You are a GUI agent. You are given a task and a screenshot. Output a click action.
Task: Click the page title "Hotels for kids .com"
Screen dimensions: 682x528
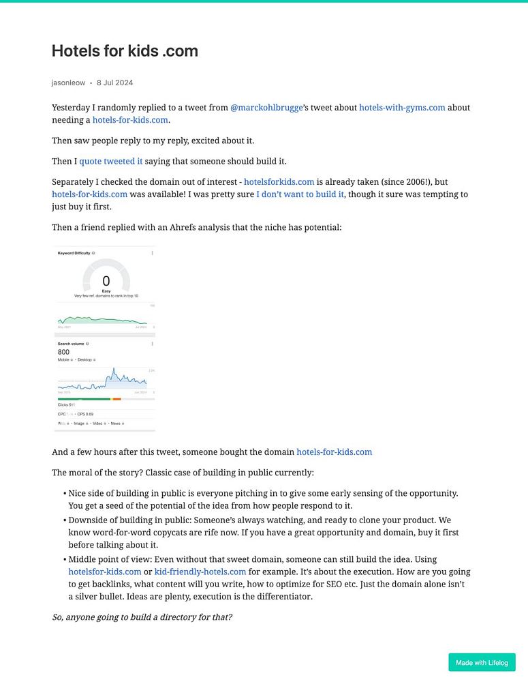click(125, 51)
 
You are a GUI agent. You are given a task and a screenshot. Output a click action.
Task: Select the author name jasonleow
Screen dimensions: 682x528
click(68, 83)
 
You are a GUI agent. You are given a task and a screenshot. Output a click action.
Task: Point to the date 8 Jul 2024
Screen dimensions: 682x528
click(114, 83)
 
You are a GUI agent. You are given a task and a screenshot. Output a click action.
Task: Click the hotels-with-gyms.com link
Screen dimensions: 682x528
click(402, 108)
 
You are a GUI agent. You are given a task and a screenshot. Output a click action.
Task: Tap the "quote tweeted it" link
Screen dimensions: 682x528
click(111, 162)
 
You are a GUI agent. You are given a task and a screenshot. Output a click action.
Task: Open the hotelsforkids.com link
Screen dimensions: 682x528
click(279, 182)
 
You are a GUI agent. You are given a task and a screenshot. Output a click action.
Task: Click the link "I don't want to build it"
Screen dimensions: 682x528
click(300, 194)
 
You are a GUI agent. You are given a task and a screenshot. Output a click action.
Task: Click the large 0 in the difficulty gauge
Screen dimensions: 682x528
click(106, 281)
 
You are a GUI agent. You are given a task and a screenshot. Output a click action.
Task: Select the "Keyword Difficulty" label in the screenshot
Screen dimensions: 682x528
click(74, 253)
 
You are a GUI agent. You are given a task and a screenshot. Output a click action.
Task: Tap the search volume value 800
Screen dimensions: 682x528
click(63, 352)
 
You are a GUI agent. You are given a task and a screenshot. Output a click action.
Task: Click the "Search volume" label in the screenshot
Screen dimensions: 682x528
click(71, 344)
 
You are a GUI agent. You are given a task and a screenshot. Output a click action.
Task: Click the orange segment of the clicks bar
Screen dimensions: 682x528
click(117, 399)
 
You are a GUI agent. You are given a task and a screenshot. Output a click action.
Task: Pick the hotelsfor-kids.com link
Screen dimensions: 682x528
click(105, 572)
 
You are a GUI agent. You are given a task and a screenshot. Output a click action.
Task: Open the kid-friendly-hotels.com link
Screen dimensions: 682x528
click(200, 572)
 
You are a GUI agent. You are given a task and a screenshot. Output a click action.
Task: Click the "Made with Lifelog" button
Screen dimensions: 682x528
click(482, 662)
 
